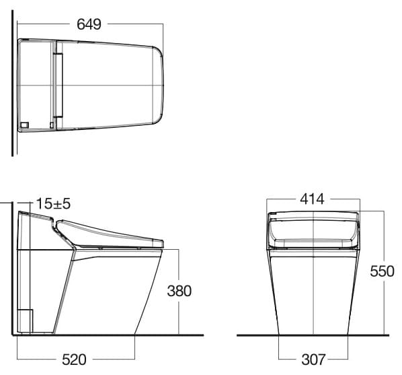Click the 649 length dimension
pyautogui.click(x=89, y=24)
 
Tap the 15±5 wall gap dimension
pyautogui.click(x=52, y=201)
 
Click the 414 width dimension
pyautogui.click(x=312, y=199)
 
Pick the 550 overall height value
pyautogui.click(x=382, y=272)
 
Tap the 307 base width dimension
pyautogui.click(x=313, y=360)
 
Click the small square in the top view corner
pyautogui.click(x=25, y=125)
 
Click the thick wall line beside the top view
pyautogui.click(x=13, y=88)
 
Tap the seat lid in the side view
pyautogui.click(x=111, y=233)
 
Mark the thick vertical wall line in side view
pyautogui.click(x=11, y=269)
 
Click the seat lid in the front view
pyautogui.click(x=313, y=228)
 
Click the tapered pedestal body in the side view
pyautogui.click(x=108, y=289)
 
